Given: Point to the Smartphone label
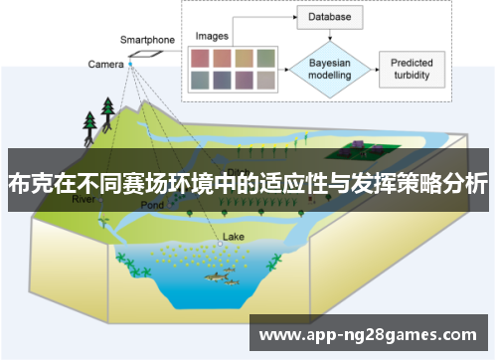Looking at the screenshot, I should click(147, 40).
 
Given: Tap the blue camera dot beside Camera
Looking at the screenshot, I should click(130, 64).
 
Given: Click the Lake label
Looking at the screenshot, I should click(233, 237).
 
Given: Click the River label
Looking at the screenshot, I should click(84, 199).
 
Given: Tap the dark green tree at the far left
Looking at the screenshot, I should click(90, 122).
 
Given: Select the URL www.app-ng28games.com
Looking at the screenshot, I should click(367, 335).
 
